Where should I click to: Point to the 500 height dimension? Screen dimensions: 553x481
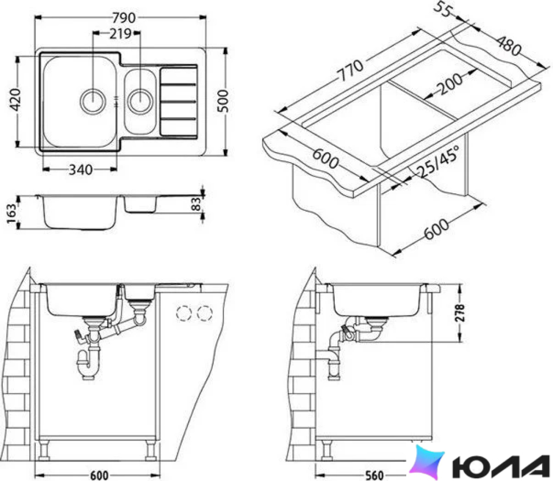[223, 101]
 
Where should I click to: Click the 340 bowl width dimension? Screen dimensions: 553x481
[80, 170]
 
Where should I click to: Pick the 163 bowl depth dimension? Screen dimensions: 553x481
[11, 213]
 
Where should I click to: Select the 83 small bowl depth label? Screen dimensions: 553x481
[196, 204]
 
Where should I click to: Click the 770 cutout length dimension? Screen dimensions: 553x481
[350, 70]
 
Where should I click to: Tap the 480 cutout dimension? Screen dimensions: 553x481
[509, 45]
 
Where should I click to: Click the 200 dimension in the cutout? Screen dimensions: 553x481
[449, 84]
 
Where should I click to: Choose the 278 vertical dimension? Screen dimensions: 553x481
[459, 313]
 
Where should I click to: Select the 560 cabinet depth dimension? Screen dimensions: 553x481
[374, 475]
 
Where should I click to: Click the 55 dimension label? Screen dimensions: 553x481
[442, 10]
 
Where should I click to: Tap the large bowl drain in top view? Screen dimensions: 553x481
[93, 101]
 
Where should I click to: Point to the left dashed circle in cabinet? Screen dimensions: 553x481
[183, 313]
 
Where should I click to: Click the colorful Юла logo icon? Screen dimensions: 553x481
[426, 461]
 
